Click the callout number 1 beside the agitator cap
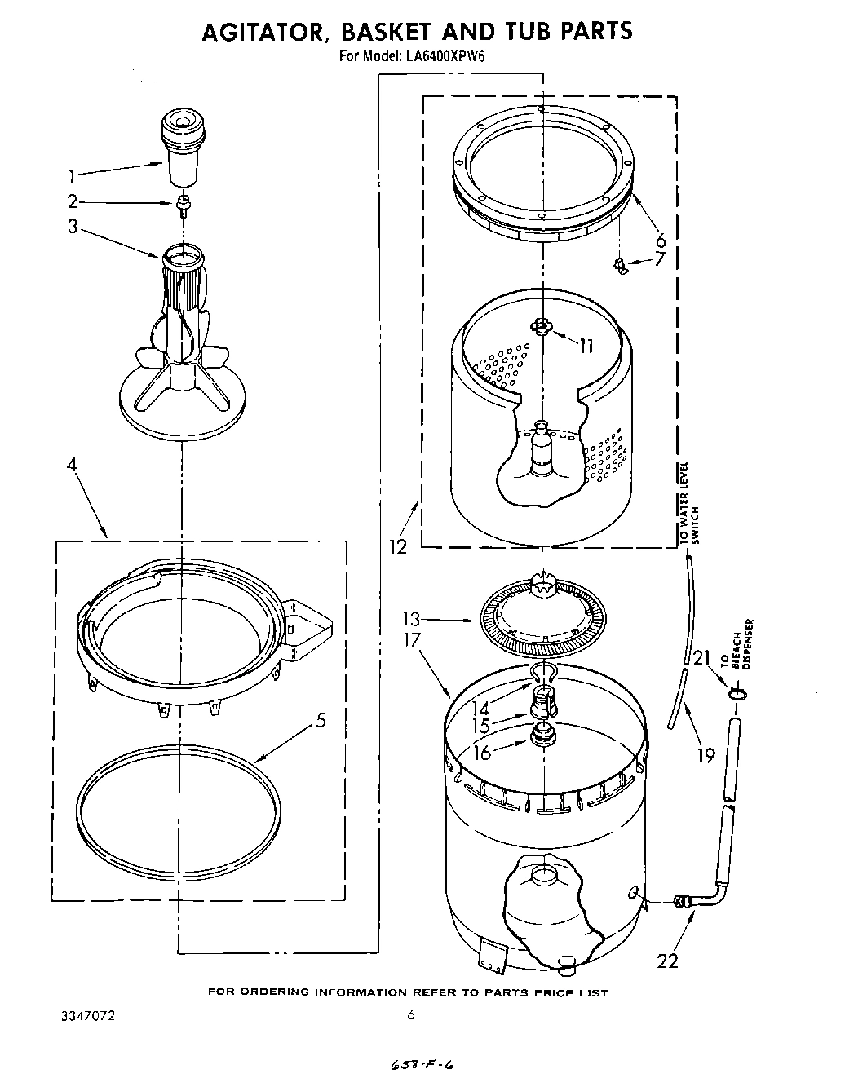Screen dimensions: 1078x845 pos(72,175)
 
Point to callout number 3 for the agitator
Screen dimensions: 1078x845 pos(73,227)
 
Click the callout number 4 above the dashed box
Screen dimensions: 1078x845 pos(72,465)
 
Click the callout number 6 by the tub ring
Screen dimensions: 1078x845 pos(660,240)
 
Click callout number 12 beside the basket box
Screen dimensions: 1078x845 pos(397,546)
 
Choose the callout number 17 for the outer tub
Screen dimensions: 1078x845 pos(411,640)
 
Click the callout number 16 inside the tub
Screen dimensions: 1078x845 pos(482,752)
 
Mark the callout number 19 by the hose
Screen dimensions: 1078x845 pos(705,755)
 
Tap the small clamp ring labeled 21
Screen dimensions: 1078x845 pos(737,693)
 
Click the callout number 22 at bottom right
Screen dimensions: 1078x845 pos(667,961)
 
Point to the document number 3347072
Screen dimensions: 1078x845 pos(87,1016)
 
